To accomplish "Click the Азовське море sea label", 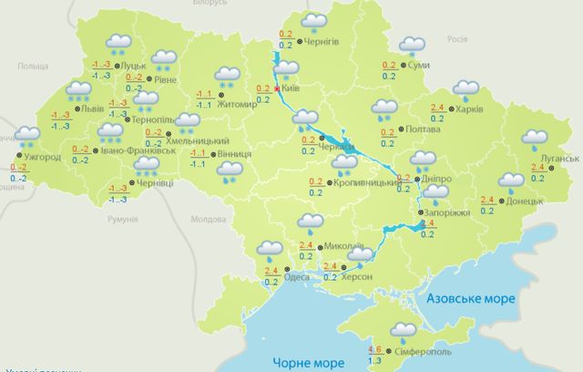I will [x=471, y=298].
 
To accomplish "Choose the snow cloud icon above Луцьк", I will [x=118, y=42].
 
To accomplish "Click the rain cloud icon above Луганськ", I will [x=535, y=139].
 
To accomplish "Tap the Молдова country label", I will [x=208, y=220].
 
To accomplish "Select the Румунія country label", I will [x=121, y=220].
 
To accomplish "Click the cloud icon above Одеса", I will [x=270, y=248].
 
